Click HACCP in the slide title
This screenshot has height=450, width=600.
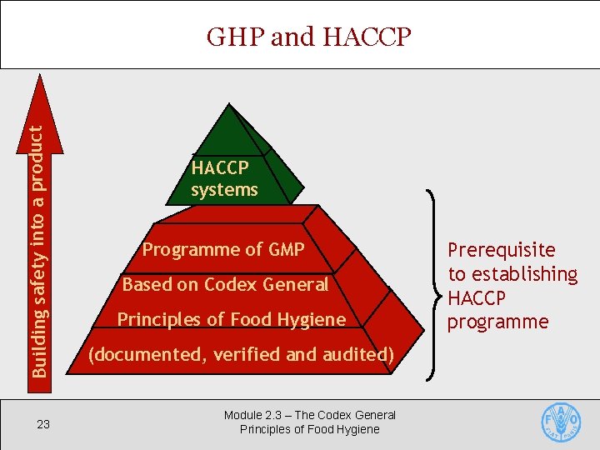pos(365,37)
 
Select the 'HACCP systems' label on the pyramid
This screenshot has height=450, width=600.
pos(224,178)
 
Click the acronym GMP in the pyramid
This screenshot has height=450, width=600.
pos(287,249)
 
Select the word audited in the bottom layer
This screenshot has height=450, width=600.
pos(355,354)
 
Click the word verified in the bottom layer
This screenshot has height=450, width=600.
pos(248,354)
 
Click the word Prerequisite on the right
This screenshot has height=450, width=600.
pos(502,250)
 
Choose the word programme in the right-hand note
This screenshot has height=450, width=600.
pos(498,322)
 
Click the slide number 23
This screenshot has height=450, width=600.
pos(43,424)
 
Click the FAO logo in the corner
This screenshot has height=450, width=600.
pos(561,423)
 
